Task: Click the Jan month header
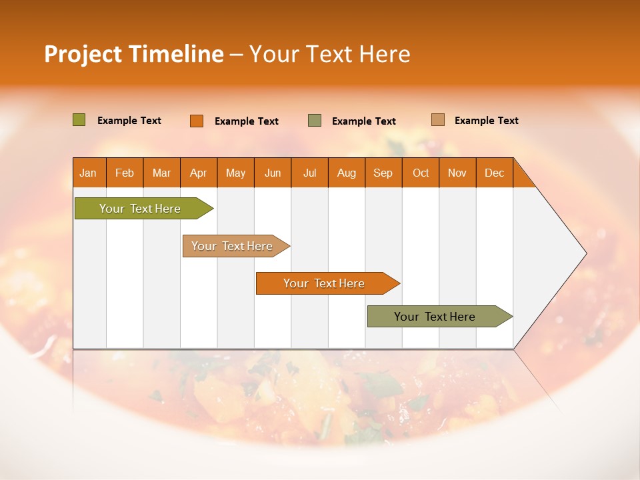[89, 173]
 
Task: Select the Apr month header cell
[199, 173]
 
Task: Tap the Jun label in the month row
[273, 173]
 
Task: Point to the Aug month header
[347, 173]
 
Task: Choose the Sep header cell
[383, 173]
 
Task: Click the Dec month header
[495, 173]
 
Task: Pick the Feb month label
[125, 173]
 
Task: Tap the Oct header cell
[421, 173]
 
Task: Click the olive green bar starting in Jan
[140, 209]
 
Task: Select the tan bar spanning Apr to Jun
[232, 246]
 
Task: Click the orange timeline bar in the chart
[324, 283]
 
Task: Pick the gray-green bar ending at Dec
[435, 317]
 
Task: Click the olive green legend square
[79, 120]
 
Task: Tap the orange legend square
[197, 121]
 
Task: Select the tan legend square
[438, 120]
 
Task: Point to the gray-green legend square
[315, 121]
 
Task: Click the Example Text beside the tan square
[486, 121]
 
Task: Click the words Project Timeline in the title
[133, 54]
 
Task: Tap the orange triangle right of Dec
[522, 177]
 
